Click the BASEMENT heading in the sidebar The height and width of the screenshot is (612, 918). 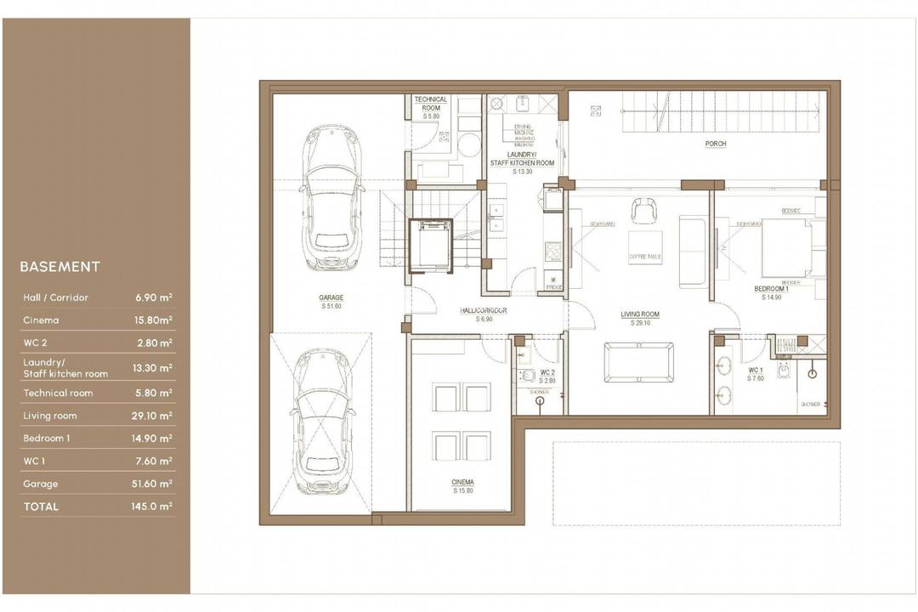pyautogui.click(x=59, y=267)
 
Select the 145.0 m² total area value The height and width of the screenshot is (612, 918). pyautogui.click(x=154, y=507)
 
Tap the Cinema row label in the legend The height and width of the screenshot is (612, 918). pyautogui.click(x=41, y=320)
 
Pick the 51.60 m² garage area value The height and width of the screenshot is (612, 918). pyautogui.click(x=154, y=484)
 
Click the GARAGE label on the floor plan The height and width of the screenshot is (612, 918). pyautogui.click(x=331, y=298)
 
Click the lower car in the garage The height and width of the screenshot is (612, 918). pyautogui.click(x=322, y=422)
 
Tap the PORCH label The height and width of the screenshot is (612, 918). pyautogui.click(x=716, y=144)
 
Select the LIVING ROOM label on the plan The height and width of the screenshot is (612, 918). pyautogui.click(x=639, y=314)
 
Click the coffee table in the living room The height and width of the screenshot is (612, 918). pyautogui.click(x=645, y=248)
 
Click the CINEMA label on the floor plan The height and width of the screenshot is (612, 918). pyautogui.click(x=462, y=483)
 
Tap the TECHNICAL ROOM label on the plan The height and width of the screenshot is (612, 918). pyautogui.click(x=430, y=104)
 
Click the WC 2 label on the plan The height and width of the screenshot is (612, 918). pyautogui.click(x=548, y=373)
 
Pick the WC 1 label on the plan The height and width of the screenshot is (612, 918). pyautogui.click(x=756, y=371)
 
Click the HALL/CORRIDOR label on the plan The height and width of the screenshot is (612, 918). pyautogui.click(x=483, y=311)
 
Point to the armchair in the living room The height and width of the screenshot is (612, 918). pyautogui.click(x=643, y=210)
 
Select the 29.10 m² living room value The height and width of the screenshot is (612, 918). pyautogui.click(x=154, y=416)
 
